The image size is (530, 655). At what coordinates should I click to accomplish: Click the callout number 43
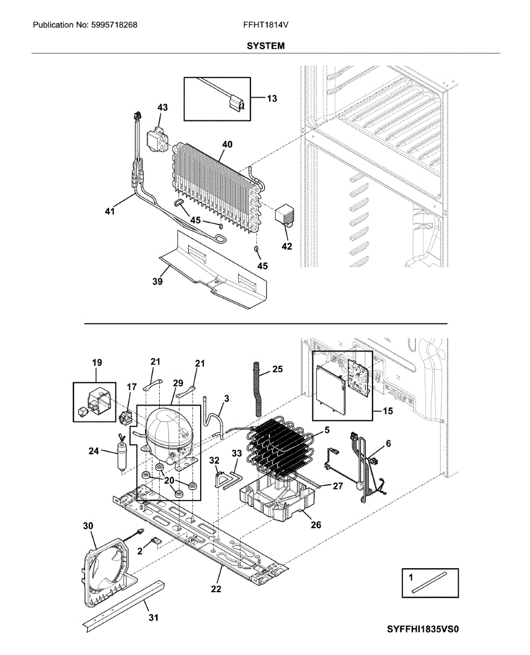(162, 108)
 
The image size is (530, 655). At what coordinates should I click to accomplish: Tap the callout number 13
(272, 98)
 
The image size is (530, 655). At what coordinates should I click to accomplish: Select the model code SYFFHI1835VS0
(423, 629)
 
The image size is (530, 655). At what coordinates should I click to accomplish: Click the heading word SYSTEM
(266, 46)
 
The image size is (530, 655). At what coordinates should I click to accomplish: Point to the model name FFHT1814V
(265, 25)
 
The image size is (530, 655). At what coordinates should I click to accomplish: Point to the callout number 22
(216, 589)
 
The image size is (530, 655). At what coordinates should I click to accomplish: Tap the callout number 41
(110, 211)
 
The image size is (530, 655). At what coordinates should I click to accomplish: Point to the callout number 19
(97, 362)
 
